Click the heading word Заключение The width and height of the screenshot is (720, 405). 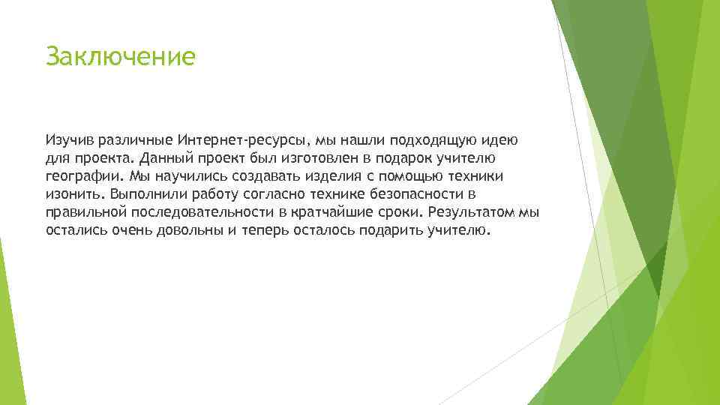pyautogui.click(x=120, y=57)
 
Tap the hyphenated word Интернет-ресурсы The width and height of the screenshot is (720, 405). pyautogui.click(x=244, y=140)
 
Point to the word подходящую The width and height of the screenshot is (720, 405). pyautogui.click(x=425, y=140)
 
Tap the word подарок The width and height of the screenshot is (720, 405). pyautogui.click(x=418, y=158)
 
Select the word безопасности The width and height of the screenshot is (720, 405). pyautogui.click(x=409, y=194)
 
